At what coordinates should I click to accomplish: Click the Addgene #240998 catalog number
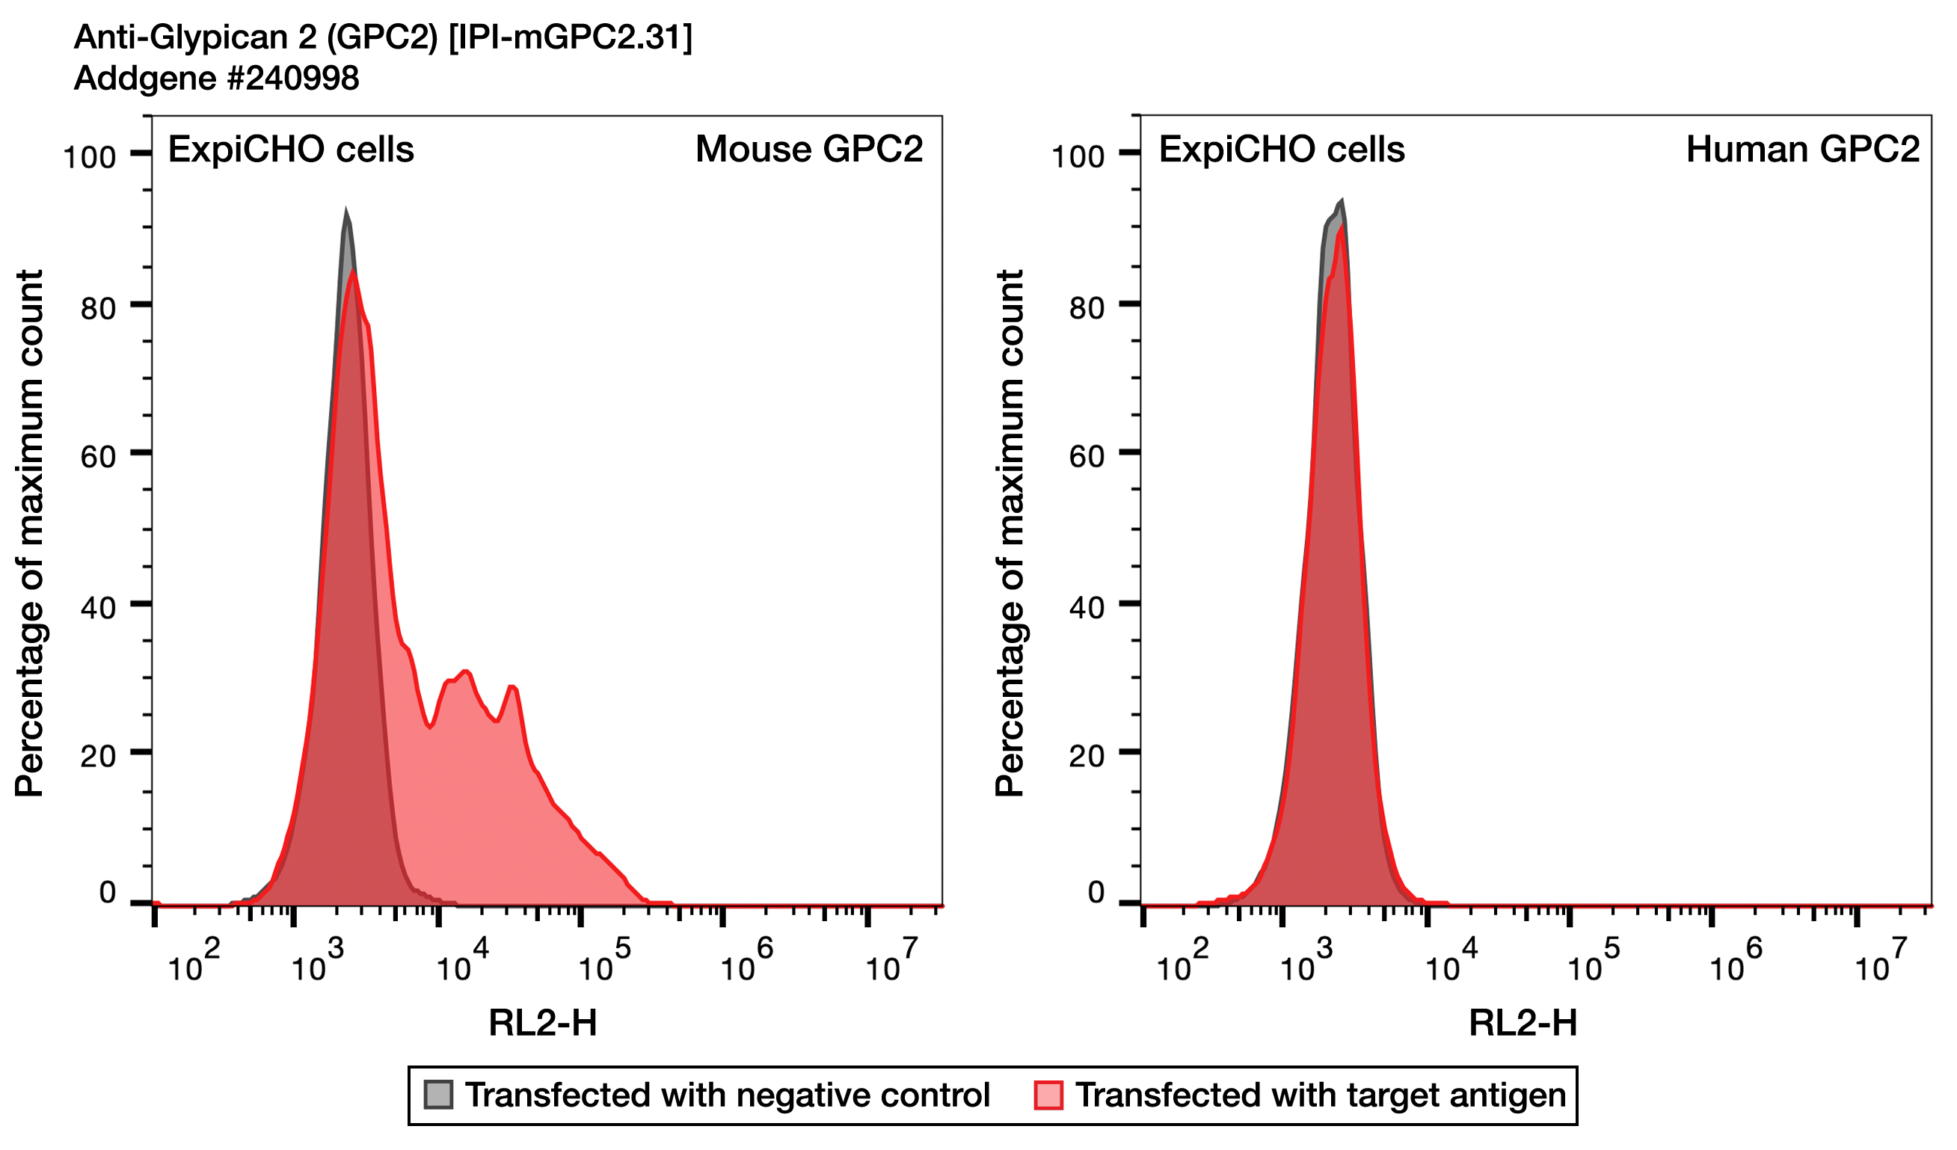click(x=217, y=79)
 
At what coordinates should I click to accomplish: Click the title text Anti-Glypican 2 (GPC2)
click(x=256, y=37)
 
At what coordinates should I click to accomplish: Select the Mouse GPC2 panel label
click(x=808, y=149)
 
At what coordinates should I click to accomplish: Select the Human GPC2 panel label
click(x=1801, y=149)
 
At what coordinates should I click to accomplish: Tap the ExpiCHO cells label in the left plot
click(x=291, y=149)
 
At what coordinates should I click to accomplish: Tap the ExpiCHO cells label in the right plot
click(x=1282, y=149)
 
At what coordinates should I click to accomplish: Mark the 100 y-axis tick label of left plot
click(x=89, y=158)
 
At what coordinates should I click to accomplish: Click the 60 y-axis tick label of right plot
click(x=1087, y=457)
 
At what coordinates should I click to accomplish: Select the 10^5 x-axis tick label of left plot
click(x=603, y=964)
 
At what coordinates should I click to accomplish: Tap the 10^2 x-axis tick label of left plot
click(x=194, y=964)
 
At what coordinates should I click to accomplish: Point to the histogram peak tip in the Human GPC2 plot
click(x=1341, y=201)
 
